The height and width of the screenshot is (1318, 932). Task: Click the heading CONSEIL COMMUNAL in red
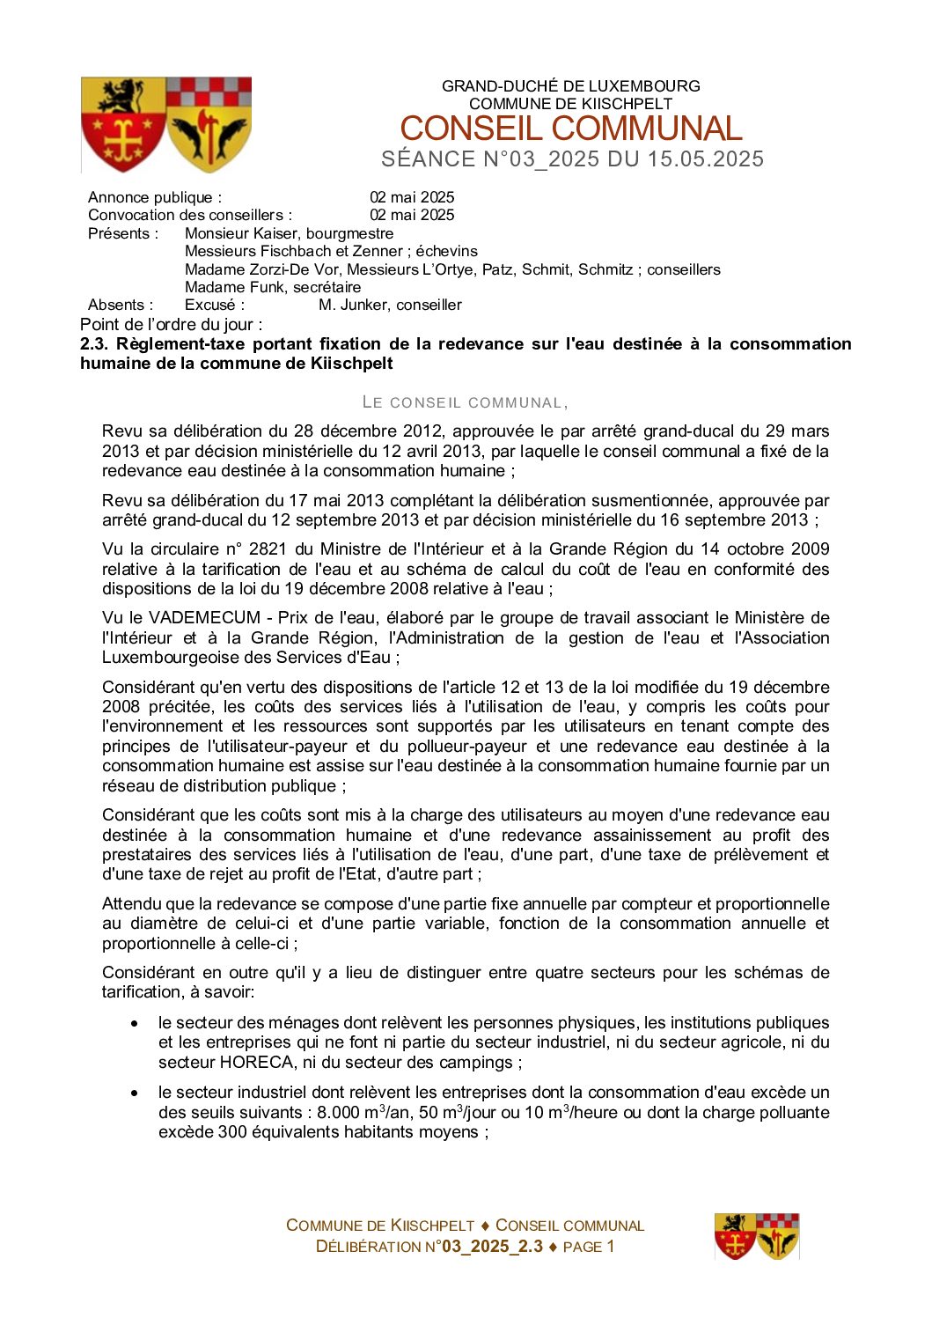point(570,129)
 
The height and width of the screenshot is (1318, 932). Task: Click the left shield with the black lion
point(123,124)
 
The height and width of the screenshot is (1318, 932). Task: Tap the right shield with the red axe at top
point(209,124)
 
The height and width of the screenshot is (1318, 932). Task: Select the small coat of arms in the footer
point(756,1236)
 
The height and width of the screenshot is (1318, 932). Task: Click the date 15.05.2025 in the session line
point(706,159)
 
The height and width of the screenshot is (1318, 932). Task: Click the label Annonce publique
point(155,197)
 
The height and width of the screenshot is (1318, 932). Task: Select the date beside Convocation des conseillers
point(411,215)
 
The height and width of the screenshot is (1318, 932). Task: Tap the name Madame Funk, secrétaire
point(273,287)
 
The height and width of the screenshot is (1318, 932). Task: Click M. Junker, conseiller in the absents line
point(390,305)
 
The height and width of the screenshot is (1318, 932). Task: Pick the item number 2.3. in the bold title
point(94,344)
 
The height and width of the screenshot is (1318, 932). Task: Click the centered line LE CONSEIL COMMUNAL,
point(466,402)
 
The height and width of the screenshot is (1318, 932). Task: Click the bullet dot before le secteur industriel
point(135,1093)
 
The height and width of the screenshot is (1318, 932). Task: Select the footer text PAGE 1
point(588,1247)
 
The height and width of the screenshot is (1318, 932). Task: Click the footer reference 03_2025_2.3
point(492,1247)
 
